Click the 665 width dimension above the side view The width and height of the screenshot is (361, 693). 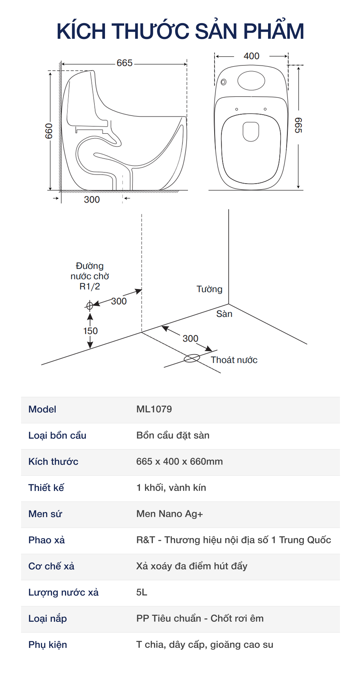coord(125,63)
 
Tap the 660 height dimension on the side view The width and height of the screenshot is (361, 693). coord(49,131)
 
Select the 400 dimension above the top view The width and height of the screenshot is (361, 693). coord(251,56)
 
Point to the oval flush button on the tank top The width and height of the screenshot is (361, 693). coord(251,81)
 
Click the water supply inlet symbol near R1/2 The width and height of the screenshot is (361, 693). coord(89,306)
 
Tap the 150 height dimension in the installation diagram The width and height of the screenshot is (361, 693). coord(90,331)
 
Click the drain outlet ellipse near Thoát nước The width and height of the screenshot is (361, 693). coord(192,358)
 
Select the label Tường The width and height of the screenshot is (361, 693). coord(209,289)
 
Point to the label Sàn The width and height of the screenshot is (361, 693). coord(224,314)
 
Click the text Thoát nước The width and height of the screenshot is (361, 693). coord(234,360)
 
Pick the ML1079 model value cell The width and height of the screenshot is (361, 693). coord(154,409)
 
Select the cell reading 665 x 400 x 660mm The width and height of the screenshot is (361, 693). coord(179,461)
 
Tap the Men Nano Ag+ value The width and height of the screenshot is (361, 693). coord(169,514)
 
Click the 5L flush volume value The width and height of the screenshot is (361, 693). coord(142,592)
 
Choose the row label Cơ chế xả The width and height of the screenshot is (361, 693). coord(51,566)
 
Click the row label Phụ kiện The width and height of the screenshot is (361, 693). coord(48,645)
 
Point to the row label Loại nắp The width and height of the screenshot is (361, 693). coord(48,618)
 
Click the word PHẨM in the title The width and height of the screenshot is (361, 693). coord(273,31)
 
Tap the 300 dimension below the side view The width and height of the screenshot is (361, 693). coord(92,200)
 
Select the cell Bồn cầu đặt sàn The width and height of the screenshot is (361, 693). coord(173,435)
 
